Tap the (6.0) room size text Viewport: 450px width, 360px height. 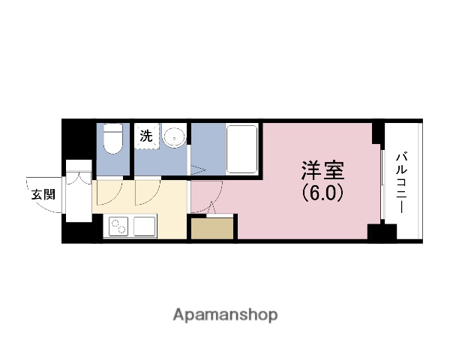coord(323,193)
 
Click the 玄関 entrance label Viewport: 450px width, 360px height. coord(43,194)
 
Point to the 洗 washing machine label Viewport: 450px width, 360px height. coord(145,136)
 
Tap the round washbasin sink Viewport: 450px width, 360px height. coord(173,137)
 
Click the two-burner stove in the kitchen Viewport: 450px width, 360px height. coord(119,226)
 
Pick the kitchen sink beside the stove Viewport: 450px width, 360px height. coord(142,226)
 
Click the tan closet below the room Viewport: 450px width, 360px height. coord(212,229)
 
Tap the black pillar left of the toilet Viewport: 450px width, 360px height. coord(79,139)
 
